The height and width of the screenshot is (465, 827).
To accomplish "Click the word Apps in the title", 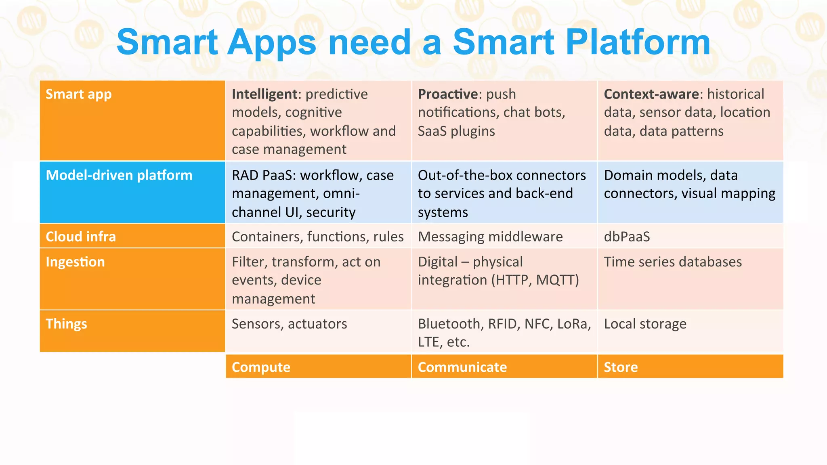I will pos(271,42).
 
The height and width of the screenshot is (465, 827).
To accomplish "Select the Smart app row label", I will pos(79,94).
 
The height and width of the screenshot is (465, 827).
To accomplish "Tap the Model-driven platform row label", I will pos(119,175).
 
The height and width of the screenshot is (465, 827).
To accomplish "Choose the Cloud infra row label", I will pos(81,237).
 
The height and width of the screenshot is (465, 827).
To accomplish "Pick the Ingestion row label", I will pos(75,262).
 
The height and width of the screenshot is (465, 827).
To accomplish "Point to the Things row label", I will pos(66,324).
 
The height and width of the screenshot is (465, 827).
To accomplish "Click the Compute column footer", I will pos(261,367).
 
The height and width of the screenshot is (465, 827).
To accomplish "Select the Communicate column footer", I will pos(462,367).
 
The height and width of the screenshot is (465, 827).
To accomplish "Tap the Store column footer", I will pos(621,367).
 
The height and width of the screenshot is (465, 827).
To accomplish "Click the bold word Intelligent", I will pos(264,94).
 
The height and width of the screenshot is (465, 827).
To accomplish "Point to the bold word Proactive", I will pos(448,94).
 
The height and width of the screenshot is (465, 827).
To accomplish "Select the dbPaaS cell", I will pos(627,237).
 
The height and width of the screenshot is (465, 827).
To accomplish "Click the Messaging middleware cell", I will pos(490,237).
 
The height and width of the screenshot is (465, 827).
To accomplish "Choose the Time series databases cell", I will pos(673,262).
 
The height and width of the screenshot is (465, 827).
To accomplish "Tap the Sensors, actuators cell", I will pos(289,324).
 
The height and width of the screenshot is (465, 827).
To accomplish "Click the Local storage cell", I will pos(645,324).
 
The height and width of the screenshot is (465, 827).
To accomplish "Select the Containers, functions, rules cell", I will pos(317,237).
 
